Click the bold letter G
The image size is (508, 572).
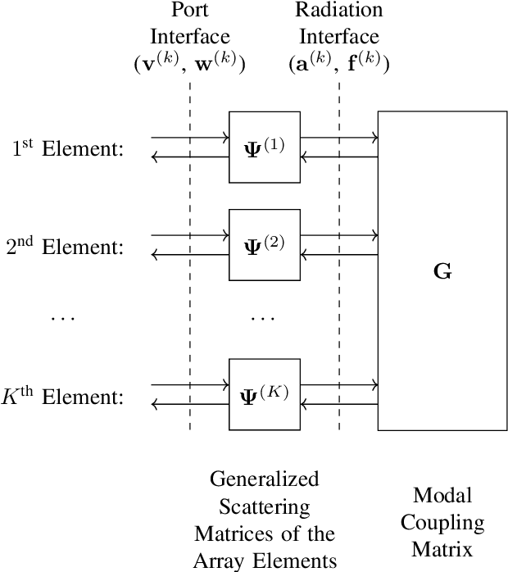point(442,271)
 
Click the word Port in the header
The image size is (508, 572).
point(190,11)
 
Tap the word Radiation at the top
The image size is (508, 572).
point(339,11)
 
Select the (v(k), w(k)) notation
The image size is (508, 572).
point(190,63)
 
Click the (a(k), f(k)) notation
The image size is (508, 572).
point(339,63)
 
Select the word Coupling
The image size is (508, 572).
point(442,523)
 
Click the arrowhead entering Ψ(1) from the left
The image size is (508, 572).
point(225,138)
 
